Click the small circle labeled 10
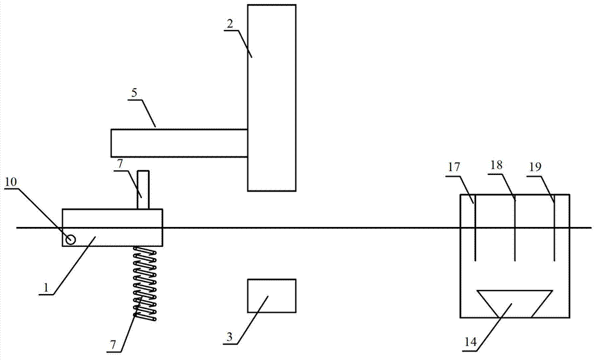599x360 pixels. point(71,240)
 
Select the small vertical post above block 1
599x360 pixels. point(143,190)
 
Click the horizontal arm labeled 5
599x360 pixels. point(179,143)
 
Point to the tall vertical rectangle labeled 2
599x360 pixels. point(271,98)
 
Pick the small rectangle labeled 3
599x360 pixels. point(271,295)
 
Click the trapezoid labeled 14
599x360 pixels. point(514,303)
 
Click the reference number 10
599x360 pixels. point(11,180)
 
